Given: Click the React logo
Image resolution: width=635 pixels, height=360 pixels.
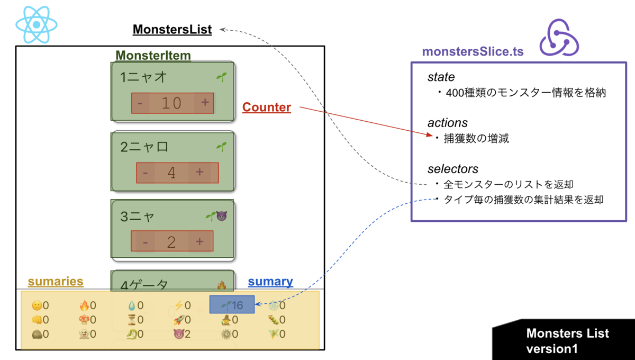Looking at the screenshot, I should (36, 25).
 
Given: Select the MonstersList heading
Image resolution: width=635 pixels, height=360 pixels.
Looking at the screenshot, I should (172, 29).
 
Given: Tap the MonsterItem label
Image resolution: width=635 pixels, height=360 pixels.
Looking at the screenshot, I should (153, 56).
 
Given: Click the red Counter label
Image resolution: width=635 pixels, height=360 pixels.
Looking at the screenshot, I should (267, 107).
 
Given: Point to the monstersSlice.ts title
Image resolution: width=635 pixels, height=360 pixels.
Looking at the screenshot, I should (473, 51).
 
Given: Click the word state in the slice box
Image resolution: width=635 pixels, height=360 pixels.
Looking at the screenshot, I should (441, 77).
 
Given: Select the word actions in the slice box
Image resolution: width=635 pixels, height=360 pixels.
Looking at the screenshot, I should (447, 123).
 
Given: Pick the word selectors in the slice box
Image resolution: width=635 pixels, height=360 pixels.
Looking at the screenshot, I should (452, 169).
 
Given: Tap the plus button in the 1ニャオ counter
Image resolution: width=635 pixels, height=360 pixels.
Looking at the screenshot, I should (205, 103).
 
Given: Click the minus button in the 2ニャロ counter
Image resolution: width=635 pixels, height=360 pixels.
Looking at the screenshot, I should (146, 173).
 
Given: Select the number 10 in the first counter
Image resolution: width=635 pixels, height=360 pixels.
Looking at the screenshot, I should (171, 103).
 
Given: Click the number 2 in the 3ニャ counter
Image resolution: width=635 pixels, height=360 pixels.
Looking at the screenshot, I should (171, 242).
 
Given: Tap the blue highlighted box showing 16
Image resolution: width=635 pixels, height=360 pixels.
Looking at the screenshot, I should (232, 305).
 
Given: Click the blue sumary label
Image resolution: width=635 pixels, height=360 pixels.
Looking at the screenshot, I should (270, 282).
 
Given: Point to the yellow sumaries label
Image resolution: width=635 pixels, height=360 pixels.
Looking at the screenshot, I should (56, 282).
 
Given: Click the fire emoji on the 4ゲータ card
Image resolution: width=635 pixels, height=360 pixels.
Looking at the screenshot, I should (221, 285).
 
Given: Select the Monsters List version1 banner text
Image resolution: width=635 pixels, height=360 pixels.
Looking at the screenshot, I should (567, 341).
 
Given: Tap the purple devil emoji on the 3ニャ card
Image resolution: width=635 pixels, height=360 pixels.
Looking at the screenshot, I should (221, 216).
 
